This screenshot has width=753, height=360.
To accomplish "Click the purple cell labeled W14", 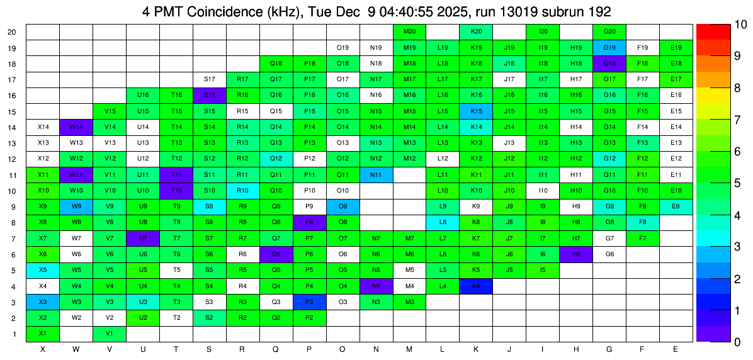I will pos(76,127).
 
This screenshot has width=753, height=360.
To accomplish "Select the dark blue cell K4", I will pos(476,286).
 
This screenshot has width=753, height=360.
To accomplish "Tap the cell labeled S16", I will pos(210,95).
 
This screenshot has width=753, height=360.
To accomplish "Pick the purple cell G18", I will pos(609,64).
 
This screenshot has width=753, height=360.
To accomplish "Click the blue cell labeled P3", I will pos(309,302).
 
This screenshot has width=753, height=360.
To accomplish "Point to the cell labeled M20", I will pos(409,31).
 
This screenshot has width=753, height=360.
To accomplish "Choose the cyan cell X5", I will pos(43,270).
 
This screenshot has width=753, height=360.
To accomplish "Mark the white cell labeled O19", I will pos(343,48).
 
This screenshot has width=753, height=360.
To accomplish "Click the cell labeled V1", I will pos(110,334).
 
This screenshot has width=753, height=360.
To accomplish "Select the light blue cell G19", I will pos(609,48).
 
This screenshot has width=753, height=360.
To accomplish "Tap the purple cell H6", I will pos(576,254).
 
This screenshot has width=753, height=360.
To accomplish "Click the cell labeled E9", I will pos(676,206).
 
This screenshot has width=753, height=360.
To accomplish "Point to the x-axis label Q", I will pos(276,349).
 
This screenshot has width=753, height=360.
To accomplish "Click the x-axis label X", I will pos(43,349).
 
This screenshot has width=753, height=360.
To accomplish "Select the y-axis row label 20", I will pos(12,31).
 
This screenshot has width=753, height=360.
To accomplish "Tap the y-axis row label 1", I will pos(14,334).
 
